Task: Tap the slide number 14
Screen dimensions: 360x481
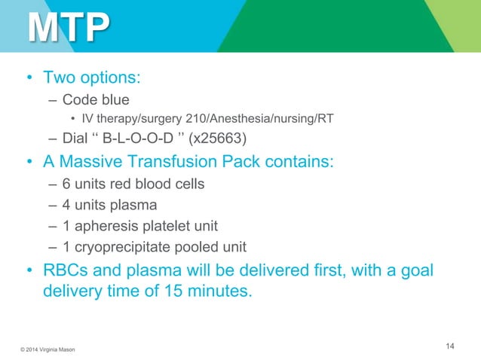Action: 450,346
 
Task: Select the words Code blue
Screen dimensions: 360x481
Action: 96,99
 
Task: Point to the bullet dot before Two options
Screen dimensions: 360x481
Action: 29,79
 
